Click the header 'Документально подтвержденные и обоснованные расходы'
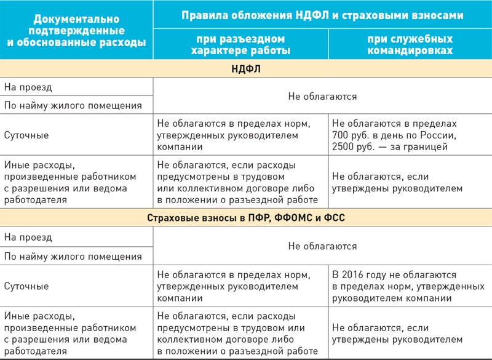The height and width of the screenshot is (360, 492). tap(76, 30)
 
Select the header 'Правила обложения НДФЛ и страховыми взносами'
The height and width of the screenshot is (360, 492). tap(322, 14)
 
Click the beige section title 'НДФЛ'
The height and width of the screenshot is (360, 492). tap(246, 70)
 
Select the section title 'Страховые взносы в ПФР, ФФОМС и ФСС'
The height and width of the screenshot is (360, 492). tap(246, 218)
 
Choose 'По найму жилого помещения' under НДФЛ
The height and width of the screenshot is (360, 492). tap(73, 105)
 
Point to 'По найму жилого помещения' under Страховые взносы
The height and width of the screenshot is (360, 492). tap(73, 255)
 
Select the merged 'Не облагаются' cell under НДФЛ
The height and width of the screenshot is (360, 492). tap(322, 96)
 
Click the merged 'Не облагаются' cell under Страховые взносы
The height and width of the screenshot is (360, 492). tap(322, 246)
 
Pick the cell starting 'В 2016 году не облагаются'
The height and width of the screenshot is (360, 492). tap(408, 286)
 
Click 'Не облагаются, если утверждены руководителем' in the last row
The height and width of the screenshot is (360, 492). tap(397, 334)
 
